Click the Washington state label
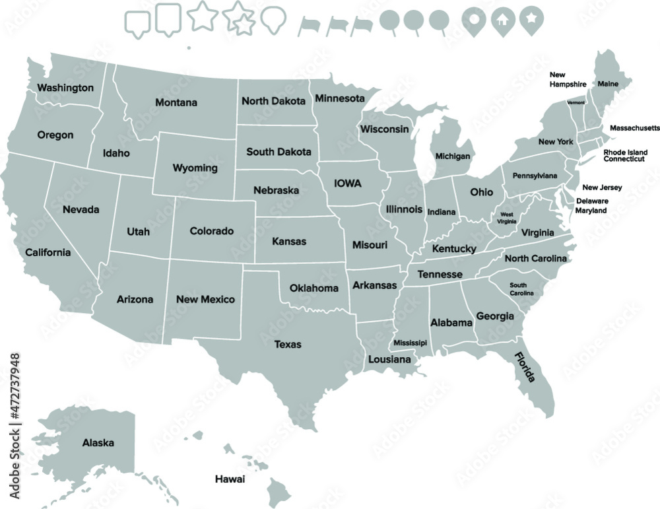pos(65,88)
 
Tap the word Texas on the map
pos(288,344)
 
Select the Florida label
pos(525,368)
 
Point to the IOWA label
pos(348,183)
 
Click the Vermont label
pos(576,102)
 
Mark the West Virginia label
pos(507,219)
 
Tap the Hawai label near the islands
pos(230,479)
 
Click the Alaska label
pos(98,443)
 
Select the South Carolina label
pos(522,288)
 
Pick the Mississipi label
pos(410,343)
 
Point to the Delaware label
pos(592,201)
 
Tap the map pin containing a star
pos(529,19)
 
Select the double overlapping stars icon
pos(240,18)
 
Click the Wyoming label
pos(195,168)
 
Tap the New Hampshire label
pos(568,80)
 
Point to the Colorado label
pos(211,231)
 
